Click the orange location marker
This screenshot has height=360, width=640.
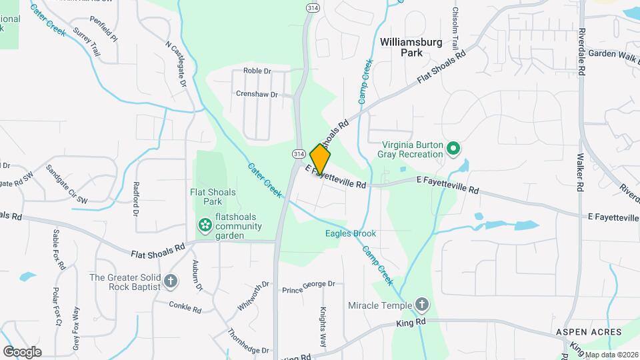pos(320,160)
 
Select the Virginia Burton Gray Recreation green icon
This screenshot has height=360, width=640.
pos(453,148)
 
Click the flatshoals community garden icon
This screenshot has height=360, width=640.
pos(205,226)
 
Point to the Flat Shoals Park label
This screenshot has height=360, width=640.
pos(213,197)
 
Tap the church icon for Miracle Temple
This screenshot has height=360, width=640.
pos(421,305)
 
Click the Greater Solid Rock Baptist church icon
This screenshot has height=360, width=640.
pos(171,281)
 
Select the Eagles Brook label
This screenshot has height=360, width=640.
pos(351,234)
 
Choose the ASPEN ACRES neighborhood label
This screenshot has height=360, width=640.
pos(589,332)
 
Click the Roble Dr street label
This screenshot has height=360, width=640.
pos(257,71)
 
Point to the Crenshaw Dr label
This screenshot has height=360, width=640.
pos(257,94)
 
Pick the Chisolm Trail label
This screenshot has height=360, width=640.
pos(455,27)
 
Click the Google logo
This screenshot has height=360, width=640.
pos(22,351)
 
